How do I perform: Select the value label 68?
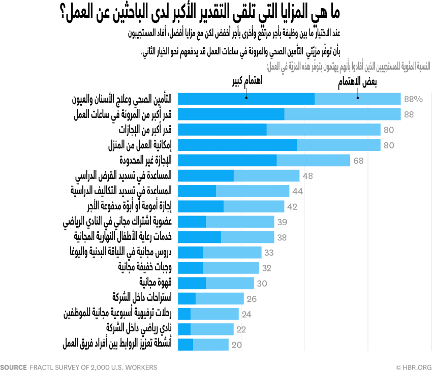tap(358, 161)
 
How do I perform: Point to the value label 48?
tap(307, 176)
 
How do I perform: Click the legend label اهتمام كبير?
tap(246, 82)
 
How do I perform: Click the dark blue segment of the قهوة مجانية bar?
tap(193, 283)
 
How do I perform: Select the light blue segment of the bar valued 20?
tap(210, 344)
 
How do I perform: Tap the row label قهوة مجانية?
tap(156, 283)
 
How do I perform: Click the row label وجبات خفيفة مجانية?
tap(145, 267)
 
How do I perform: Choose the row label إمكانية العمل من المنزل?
tap(140, 145)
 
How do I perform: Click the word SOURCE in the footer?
tap(13, 366)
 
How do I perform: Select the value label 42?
tap(292, 206)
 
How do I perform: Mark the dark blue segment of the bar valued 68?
tap(228, 161)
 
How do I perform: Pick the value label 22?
tap(241, 329)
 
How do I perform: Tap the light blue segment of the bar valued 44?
tap(253, 191)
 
